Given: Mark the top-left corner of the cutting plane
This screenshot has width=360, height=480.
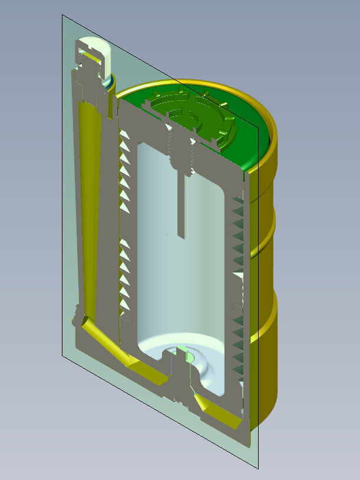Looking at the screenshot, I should (63, 16).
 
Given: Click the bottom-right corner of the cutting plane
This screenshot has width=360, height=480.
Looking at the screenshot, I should (258, 468).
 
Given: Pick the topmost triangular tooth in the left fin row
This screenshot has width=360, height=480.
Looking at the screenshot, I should (125, 136).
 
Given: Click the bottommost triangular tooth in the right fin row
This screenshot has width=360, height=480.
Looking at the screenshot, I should (236, 372).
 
